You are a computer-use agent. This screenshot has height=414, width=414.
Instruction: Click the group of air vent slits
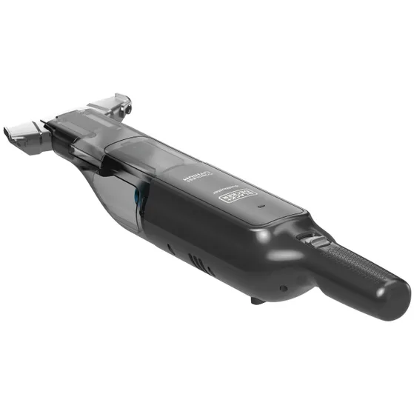(196, 264)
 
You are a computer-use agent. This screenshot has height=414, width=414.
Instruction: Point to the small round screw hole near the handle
(284, 287)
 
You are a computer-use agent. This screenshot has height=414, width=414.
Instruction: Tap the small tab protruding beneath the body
(256, 300)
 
